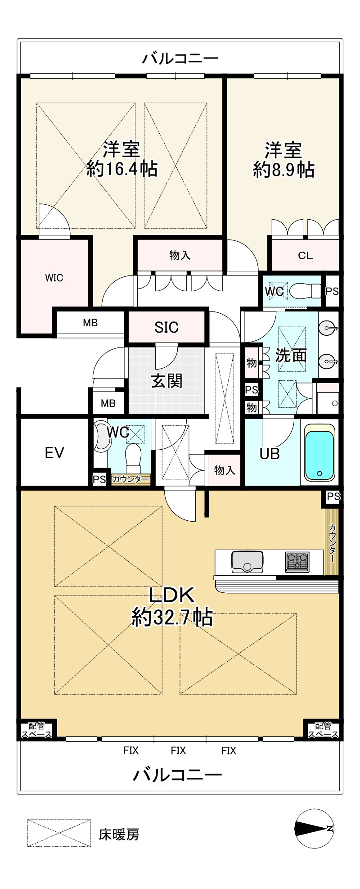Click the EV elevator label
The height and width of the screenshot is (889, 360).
coord(55,452)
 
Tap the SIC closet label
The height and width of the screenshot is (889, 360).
coord(166,327)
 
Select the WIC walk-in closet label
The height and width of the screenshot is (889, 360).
coord(54,278)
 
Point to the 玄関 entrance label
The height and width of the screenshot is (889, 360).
coord(166,381)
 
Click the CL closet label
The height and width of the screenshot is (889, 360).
coord(306,256)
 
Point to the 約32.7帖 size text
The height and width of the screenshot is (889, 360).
coord(172,618)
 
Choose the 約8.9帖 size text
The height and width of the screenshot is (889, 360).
coord(283,170)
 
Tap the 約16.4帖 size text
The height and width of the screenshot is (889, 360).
coord(122,169)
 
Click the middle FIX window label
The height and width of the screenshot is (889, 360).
coord(178,750)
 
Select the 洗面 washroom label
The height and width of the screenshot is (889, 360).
coord(291,355)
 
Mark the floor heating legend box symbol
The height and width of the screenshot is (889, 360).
coord(59,833)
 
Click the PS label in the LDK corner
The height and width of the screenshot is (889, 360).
coord(333,497)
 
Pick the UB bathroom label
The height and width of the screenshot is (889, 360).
coord(270,454)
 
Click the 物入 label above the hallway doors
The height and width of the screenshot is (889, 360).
coord(180,256)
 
